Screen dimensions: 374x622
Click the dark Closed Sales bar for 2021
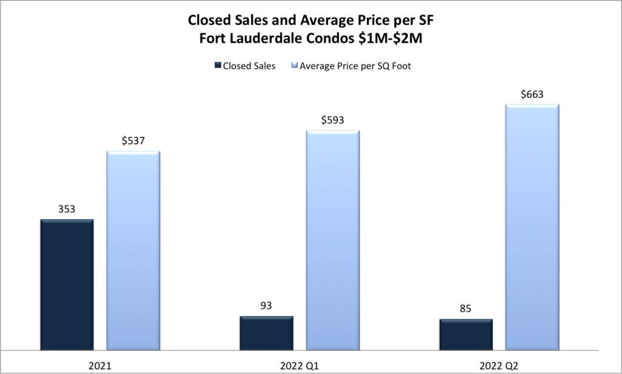[67, 285]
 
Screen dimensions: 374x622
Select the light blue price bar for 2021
[133, 251]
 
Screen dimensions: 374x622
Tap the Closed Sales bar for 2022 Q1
[266, 333]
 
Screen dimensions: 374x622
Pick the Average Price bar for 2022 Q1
[332, 240]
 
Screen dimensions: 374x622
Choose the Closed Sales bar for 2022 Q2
[466, 334]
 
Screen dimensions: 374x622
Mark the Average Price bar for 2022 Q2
[532, 227]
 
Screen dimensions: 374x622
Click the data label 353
[67, 209]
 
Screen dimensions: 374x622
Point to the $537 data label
[133, 141]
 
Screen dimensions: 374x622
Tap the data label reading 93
[266, 306]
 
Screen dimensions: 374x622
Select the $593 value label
[332, 120]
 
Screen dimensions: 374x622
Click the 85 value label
[466, 309]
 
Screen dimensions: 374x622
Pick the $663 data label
[532, 94]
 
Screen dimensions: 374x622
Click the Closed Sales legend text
[249, 66]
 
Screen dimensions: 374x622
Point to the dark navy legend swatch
[217, 66]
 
